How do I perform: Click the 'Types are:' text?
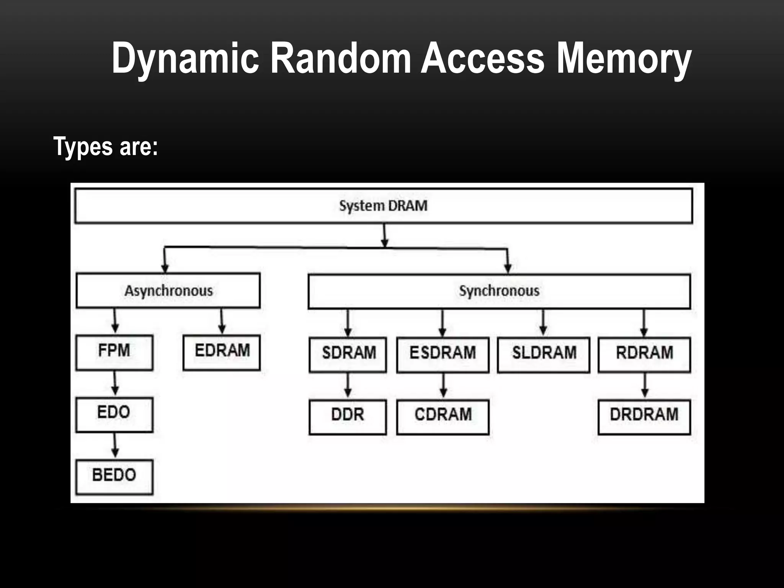tap(106, 147)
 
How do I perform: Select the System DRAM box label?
tap(383, 206)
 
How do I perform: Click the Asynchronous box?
tap(168, 291)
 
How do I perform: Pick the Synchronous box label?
tap(499, 291)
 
